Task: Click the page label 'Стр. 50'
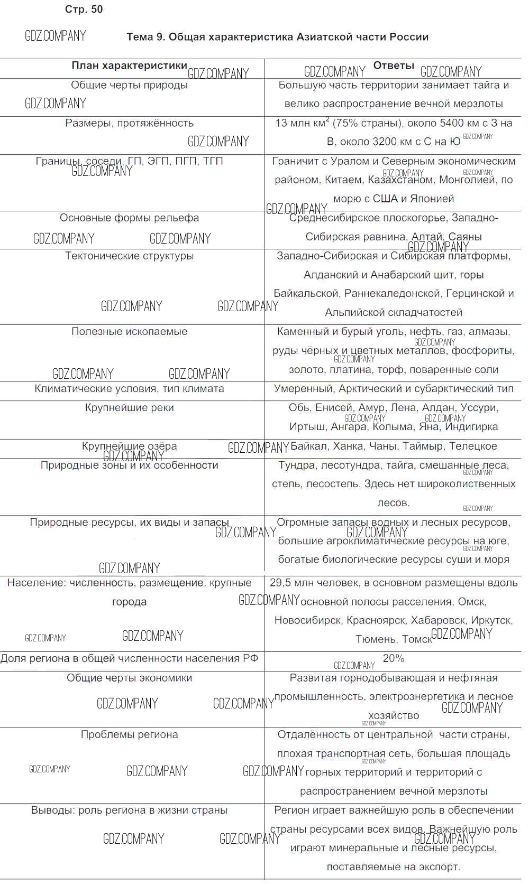84,10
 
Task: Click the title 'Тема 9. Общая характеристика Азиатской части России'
277,37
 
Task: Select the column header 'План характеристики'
129,66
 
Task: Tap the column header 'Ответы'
394,66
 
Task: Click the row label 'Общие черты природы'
129,85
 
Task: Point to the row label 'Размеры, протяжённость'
129,123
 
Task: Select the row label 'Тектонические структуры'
129,256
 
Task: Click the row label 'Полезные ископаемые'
129,331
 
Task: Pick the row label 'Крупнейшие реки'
129,407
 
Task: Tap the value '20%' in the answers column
394,658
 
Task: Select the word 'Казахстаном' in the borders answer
400,180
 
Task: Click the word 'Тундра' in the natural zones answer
296,465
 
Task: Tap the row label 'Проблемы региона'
129,734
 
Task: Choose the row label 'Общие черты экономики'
129,678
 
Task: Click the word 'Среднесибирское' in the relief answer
333,218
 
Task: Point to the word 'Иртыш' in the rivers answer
306,426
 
